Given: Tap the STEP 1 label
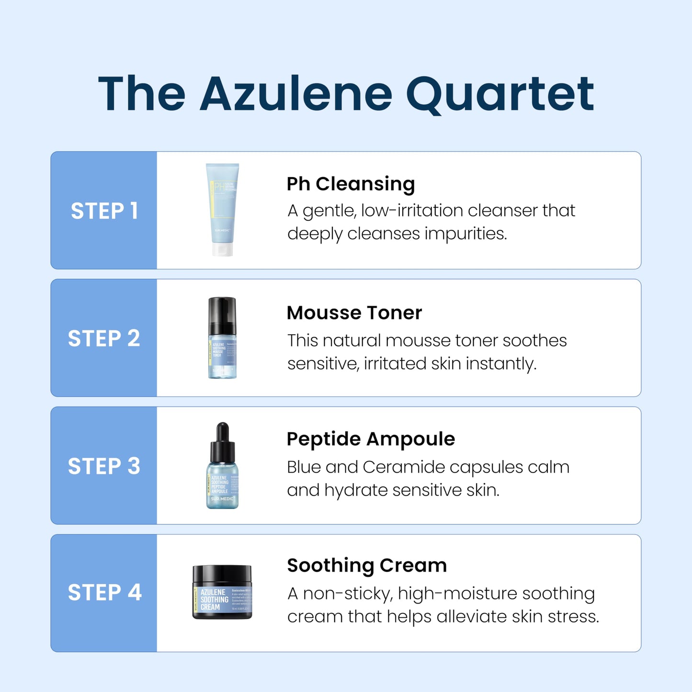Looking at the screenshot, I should [x=104, y=211].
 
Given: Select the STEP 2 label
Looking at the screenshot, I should [x=104, y=339].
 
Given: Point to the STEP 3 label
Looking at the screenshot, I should [x=104, y=466].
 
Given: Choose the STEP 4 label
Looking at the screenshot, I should [x=104, y=592].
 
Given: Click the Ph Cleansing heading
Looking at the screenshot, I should [x=351, y=184].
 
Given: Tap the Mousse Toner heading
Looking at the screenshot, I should [x=354, y=313].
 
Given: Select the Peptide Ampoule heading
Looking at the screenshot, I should [x=371, y=439].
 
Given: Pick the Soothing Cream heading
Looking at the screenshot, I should [x=367, y=565].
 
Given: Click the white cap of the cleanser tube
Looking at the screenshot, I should [x=223, y=250].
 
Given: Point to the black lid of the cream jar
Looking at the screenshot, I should [x=222, y=574].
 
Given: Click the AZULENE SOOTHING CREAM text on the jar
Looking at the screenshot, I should [x=214, y=600].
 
